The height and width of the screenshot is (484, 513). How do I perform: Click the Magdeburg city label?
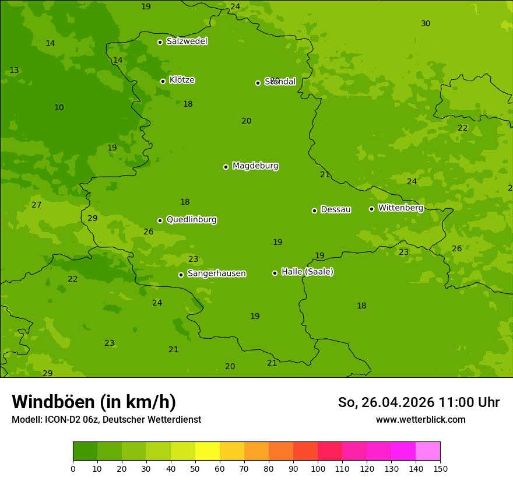[x=255, y=166]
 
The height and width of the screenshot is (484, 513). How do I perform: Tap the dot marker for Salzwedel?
[x=160, y=42]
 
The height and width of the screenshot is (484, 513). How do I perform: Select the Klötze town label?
[x=182, y=80]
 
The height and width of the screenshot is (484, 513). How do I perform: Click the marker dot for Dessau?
[x=314, y=211]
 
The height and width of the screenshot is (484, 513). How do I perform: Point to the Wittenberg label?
[x=400, y=208]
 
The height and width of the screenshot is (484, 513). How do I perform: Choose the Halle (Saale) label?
[x=307, y=272]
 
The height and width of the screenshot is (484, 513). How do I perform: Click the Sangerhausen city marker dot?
[x=181, y=275]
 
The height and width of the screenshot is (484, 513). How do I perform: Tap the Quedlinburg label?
[x=191, y=220]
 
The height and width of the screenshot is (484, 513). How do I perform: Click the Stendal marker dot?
[x=258, y=83]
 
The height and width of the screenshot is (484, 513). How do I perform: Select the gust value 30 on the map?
[x=426, y=24]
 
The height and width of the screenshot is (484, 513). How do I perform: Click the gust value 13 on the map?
[x=14, y=71]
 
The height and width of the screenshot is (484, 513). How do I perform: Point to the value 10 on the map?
[x=59, y=108]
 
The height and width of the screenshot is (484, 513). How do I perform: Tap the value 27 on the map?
[x=37, y=205]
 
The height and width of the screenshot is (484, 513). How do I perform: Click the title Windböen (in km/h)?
[x=94, y=402]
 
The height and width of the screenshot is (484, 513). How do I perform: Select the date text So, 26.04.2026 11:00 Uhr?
[x=419, y=402]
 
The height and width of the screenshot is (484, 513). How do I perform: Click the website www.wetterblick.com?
[x=420, y=420]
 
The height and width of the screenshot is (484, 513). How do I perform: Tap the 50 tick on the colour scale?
[x=195, y=468]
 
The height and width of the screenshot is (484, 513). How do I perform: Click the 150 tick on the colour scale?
[x=440, y=468]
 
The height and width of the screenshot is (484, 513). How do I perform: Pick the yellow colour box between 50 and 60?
[x=208, y=451]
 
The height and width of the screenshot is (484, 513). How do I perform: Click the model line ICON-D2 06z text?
[x=106, y=420]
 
